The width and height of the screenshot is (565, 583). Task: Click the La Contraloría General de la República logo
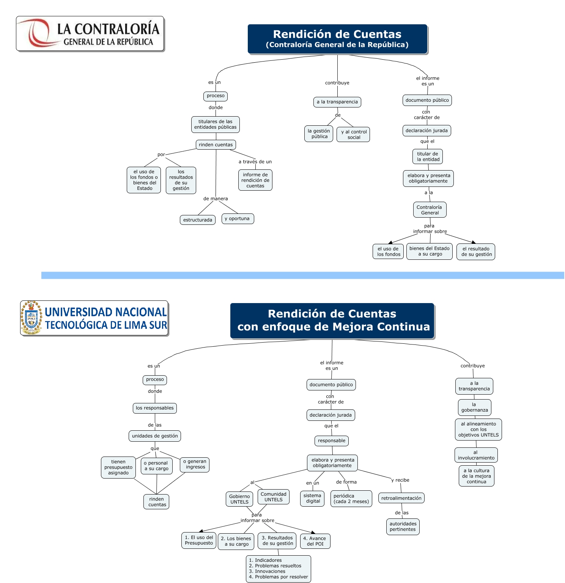[x=90, y=33]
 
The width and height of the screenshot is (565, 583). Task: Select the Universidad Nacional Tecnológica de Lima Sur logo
[x=94, y=318]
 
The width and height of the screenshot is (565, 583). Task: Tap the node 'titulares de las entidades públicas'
[x=215, y=125]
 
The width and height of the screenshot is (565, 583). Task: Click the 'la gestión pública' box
[x=319, y=134]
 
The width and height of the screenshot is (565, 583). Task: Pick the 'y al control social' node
[x=353, y=134]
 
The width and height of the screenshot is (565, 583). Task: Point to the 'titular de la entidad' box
[x=428, y=156]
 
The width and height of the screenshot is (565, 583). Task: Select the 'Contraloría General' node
[x=430, y=210]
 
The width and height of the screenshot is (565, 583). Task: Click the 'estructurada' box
[x=198, y=220]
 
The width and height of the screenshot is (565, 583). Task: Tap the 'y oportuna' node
[x=238, y=219]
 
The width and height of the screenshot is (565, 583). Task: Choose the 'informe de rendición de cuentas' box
[x=255, y=180]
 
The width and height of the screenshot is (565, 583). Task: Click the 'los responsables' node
[x=155, y=408]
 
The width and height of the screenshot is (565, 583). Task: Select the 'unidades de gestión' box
[x=155, y=436]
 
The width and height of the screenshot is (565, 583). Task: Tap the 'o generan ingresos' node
[x=195, y=465]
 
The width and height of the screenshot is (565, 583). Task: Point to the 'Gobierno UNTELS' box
[x=239, y=499]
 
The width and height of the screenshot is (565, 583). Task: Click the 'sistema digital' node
[x=313, y=498]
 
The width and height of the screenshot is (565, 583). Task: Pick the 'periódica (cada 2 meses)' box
[x=351, y=499]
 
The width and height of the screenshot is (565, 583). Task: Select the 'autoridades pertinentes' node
[x=403, y=527]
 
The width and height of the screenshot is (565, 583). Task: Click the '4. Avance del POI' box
[x=315, y=541]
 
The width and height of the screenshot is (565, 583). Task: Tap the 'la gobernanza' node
[x=474, y=408]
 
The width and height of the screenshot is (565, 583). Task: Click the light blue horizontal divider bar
[x=302, y=275]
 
